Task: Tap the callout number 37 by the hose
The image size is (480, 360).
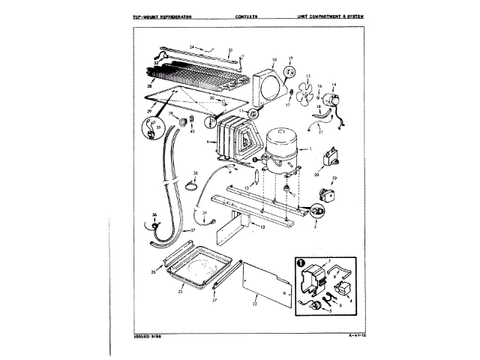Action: pyautogui.click(x=192, y=229)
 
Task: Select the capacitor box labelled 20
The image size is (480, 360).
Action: pyautogui.click(x=328, y=160)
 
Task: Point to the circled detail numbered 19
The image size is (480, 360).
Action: pyautogui.click(x=290, y=73)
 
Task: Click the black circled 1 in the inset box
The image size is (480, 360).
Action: pyautogui.click(x=300, y=262)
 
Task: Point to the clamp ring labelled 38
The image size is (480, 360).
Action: pyautogui.click(x=193, y=185)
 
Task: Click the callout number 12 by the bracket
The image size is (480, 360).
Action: pyautogui.click(x=262, y=225)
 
